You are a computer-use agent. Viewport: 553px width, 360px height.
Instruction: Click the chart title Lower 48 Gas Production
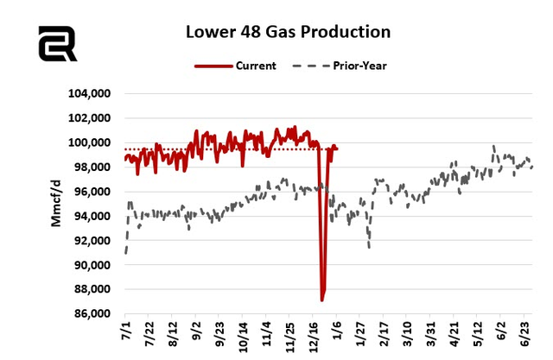289,32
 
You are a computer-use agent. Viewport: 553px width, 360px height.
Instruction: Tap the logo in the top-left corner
57,43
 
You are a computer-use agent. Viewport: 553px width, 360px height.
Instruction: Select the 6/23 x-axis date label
524,332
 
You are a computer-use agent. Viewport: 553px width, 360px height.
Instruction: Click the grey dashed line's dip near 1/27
370,247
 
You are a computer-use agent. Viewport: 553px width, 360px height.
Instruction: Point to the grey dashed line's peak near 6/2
493,147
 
